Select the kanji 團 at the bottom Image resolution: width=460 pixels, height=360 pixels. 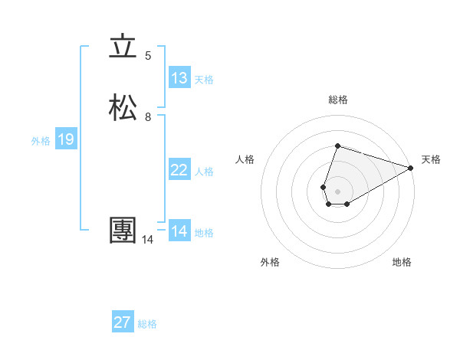123,231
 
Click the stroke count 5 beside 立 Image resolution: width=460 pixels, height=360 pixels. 148,56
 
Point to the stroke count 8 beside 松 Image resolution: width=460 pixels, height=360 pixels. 148,117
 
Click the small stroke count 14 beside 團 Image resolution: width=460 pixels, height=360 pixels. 147,240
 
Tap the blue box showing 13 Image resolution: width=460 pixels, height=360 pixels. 179,77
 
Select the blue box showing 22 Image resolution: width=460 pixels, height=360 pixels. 179,170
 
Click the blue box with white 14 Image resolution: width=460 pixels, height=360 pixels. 179,231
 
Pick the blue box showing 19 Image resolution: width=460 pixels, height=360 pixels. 66,139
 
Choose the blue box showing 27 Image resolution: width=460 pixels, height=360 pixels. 123,322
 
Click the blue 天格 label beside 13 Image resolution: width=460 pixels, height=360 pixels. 204,79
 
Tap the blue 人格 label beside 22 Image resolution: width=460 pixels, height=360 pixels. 205,172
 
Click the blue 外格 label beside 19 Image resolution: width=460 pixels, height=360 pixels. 41,141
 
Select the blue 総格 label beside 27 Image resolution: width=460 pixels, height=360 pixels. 147,324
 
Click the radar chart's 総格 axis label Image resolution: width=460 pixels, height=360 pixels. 338,100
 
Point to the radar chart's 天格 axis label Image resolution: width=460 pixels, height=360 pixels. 431,159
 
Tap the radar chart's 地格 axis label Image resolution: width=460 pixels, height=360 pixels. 402,263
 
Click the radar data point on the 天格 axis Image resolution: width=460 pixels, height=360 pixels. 411,168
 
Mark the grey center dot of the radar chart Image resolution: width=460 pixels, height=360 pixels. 338,191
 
